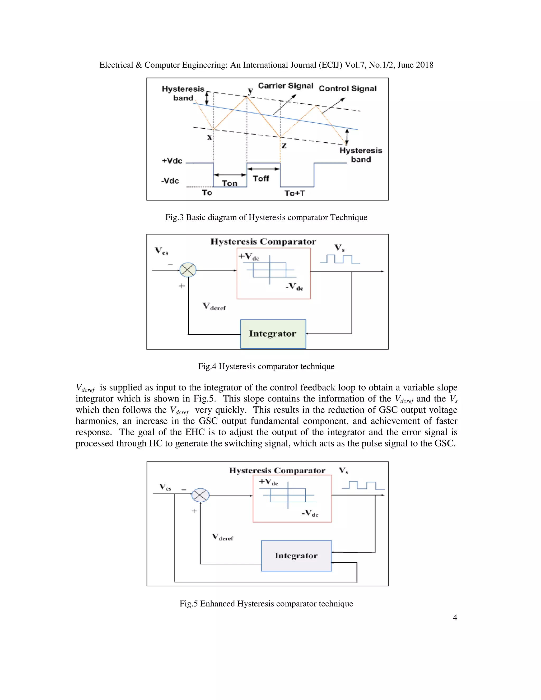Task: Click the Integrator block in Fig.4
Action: (273, 334)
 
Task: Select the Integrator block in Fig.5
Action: (296, 556)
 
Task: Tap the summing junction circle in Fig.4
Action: (188, 270)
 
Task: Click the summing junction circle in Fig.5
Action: (200, 495)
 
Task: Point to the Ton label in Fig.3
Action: (230, 183)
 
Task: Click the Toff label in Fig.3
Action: (261, 179)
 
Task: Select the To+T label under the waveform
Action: (295, 193)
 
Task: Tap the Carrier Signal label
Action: (285, 86)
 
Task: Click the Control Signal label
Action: (347, 88)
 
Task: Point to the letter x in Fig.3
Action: (209, 137)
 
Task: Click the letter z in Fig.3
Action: (284, 146)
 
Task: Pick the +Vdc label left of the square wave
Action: (172, 161)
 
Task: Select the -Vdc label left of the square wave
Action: (170, 181)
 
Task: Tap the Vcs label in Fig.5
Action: (165, 487)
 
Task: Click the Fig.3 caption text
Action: (266, 217)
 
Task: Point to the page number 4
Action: (455, 618)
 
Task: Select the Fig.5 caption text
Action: (266, 604)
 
